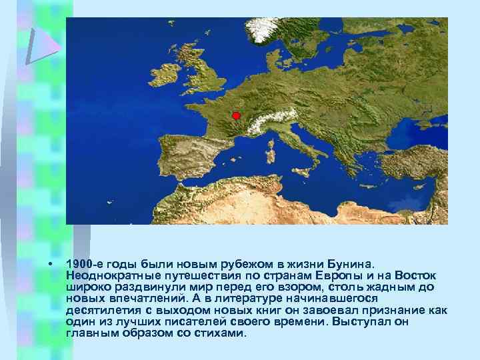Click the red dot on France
[236, 116]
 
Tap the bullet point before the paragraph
[51, 264]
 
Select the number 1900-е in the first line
[85, 264]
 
